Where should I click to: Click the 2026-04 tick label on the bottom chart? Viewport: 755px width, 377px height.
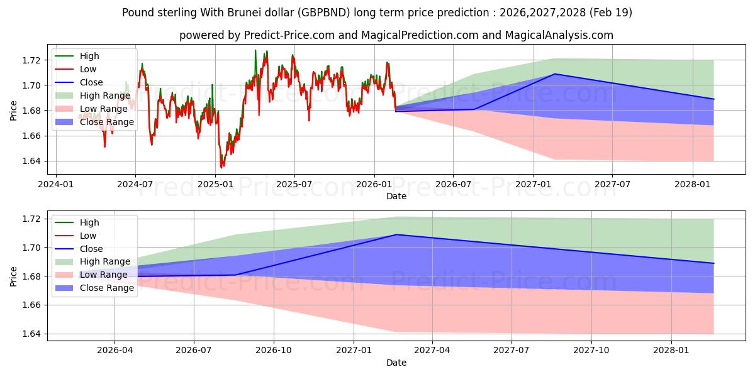(x=115, y=350)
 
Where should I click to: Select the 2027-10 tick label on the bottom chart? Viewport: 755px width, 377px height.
(x=592, y=350)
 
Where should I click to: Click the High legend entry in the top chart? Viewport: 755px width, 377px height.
(x=89, y=56)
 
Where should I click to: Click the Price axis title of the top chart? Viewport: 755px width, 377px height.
(x=14, y=111)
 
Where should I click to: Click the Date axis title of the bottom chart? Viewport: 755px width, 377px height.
(x=396, y=363)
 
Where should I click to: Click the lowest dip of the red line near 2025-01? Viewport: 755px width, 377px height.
(x=221, y=167)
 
